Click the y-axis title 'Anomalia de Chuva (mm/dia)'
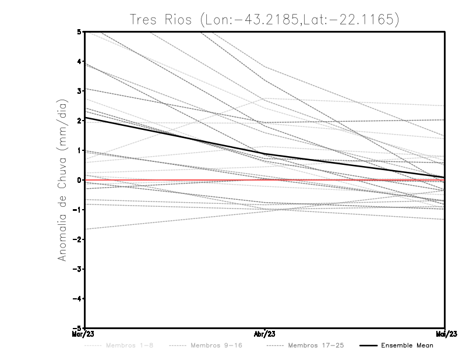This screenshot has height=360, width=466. [x=62, y=179]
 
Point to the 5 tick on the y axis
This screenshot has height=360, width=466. [x=79, y=31]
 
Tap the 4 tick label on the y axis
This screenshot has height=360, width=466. [x=79, y=61]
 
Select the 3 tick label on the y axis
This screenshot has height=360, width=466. [x=79, y=91]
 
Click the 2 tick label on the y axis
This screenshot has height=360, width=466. [x=79, y=121]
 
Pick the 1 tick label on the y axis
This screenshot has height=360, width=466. [x=79, y=150]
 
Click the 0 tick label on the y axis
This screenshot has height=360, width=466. [x=79, y=180]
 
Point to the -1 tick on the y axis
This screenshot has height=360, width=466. [x=77, y=210]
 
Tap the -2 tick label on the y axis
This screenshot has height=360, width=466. [x=77, y=239]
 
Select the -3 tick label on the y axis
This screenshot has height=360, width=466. [x=77, y=269]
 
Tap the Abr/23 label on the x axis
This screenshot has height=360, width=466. [x=265, y=334]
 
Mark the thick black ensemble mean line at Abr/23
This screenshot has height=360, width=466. [x=265, y=154]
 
